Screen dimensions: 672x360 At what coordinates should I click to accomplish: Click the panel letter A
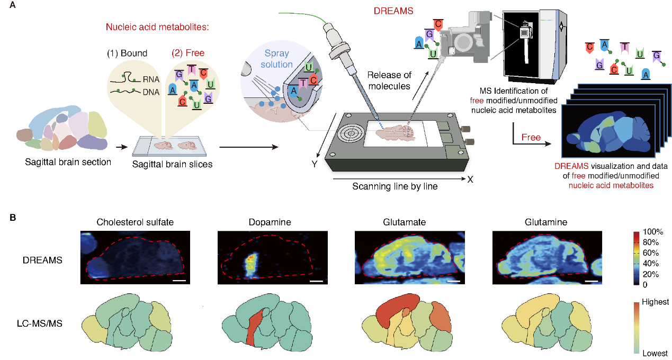pos(12,5)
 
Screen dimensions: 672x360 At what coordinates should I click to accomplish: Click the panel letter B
pos(13,218)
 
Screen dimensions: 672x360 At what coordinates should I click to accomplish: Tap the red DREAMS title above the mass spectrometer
pos(393,11)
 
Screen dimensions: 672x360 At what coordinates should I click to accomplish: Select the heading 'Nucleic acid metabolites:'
pos(157,27)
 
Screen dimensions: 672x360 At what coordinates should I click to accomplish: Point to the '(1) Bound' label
pos(127,53)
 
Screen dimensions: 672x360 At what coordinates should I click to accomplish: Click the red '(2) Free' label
pos(188,53)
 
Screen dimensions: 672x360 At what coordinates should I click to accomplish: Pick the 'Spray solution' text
pos(276,58)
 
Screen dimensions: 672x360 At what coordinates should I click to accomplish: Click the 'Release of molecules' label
pos(389,80)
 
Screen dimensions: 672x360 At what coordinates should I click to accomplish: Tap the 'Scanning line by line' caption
pos(395,186)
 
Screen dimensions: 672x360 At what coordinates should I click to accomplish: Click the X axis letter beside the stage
pos(470,179)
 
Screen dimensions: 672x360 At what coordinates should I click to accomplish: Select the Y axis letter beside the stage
pos(315,164)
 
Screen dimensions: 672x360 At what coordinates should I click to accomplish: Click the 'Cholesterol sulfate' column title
pos(135,222)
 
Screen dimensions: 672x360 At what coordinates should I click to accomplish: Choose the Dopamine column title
pos(270,222)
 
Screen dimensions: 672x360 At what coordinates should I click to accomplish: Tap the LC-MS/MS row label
pos(40,323)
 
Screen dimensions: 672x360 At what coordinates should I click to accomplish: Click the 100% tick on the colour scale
pos(653,231)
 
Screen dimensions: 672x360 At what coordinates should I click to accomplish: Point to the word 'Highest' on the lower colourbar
pos(655,302)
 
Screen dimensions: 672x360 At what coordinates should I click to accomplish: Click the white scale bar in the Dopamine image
pos(316,281)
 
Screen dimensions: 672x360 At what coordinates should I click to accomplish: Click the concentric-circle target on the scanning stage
pos(351,133)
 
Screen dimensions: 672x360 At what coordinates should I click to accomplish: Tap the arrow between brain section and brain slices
pos(121,147)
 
